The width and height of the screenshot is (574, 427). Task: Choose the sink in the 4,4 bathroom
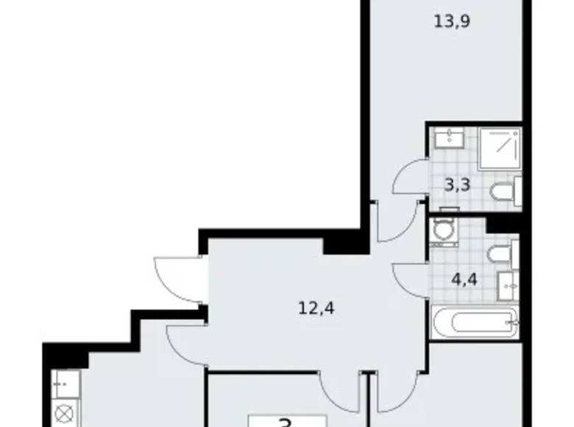509,282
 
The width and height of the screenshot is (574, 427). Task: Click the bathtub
475,322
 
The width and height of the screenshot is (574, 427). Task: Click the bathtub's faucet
514,322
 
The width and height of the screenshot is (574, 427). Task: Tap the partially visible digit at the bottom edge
284,422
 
